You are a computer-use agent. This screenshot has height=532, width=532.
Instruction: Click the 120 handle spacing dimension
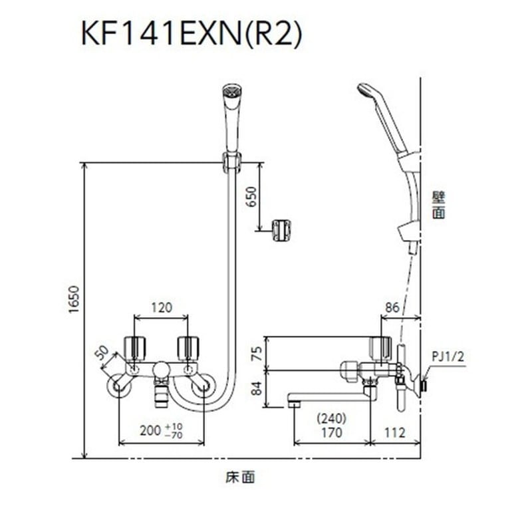161,307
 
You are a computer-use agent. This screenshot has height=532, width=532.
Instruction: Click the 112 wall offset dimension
395,433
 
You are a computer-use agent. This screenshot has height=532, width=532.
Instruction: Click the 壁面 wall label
438,205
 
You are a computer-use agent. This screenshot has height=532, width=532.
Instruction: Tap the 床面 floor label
240,476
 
